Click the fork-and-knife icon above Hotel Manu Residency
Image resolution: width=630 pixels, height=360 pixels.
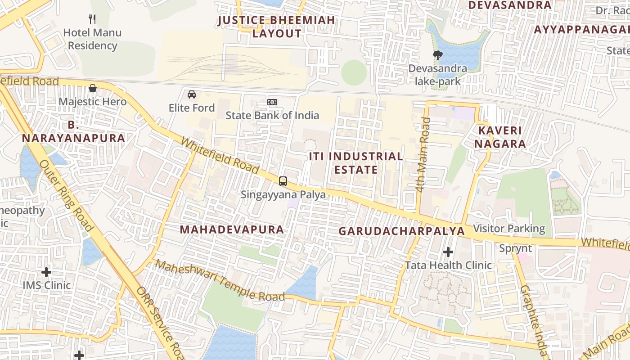92,19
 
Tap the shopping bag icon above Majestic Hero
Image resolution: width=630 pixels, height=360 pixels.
93,88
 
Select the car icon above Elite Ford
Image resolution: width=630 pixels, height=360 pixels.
192,94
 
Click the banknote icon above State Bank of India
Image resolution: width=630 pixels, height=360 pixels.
272,102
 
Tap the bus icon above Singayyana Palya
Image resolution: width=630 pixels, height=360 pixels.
283,181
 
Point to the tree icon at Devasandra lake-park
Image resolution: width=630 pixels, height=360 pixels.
437,55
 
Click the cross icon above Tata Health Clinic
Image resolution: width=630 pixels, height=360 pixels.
448,252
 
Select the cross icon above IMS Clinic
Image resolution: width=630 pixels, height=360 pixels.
46,272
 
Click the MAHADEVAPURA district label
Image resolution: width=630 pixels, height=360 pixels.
232,229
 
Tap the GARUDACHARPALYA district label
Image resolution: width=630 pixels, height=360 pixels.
401,231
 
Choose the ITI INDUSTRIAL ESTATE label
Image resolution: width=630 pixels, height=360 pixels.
355,163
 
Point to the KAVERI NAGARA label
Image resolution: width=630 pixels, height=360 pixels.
502,137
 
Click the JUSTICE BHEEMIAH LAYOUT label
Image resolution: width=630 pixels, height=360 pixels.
277,27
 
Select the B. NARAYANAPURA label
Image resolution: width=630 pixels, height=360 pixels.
73,131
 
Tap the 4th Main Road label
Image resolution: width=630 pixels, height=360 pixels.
423,154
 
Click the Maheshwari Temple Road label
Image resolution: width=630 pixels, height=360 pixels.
220,281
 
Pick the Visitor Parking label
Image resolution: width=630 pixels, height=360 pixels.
509,229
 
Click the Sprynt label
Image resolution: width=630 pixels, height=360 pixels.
515,248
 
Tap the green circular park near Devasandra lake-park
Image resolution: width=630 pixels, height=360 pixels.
354,72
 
